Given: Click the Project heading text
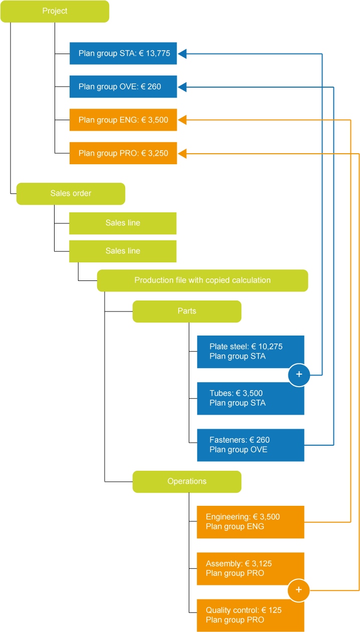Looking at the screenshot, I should pos(55,11).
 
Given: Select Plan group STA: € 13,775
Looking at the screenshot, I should pos(124,54).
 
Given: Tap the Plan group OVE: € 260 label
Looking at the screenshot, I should pos(120,87).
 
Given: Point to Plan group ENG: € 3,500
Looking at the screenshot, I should pos(123,120).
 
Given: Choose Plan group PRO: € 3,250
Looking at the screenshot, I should pos(123,153).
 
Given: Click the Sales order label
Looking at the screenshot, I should pos(71,193).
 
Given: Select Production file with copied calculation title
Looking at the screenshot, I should pos(202,280).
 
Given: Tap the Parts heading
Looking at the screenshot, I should pos(187,311).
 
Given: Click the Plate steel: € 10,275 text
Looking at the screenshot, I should pos(246,347).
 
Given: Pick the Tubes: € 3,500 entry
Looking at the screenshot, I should pos(236,393).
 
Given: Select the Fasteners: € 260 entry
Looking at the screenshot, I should pos(239,440).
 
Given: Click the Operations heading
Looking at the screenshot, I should pos(187,481).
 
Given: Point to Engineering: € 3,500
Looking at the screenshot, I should pos(243,517).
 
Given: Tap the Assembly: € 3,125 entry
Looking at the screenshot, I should pos(239,563).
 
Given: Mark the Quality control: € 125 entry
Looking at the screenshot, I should pos(244,610).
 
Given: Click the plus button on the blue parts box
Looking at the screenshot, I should pos(299,374).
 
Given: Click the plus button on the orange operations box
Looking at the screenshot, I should pos(299,590).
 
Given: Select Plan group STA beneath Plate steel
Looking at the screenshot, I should pos(237,357).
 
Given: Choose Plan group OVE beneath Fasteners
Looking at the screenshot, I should pos(238,450).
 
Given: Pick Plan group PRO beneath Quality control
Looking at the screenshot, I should pos(235,620).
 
